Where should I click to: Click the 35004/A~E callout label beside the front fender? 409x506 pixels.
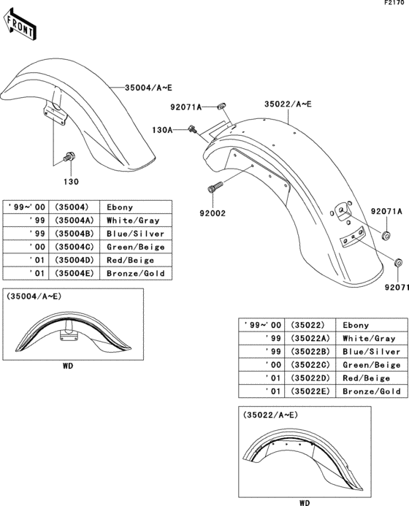coord(148,88)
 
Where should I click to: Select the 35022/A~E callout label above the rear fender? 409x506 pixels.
coord(288,104)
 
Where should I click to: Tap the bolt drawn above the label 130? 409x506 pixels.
coord(70,156)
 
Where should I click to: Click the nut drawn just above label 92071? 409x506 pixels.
coord(397,263)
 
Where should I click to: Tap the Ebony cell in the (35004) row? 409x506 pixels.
coord(121,207)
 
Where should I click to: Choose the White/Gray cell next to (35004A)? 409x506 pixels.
coord(132,221)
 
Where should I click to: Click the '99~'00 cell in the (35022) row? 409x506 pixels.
coord(261,325)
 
